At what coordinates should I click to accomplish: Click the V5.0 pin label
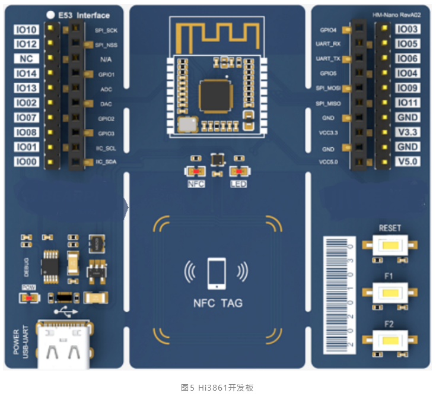click(x=408, y=161)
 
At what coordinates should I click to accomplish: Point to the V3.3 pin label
click(x=408, y=132)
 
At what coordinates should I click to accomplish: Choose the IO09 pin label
click(x=408, y=88)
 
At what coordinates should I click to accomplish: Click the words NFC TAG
click(x=218, y=303)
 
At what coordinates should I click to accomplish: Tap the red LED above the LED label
click(x=238, y=172)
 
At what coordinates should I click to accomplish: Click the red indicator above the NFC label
click(x=195, y=172)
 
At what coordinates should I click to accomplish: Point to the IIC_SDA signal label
click(x=107, y=161)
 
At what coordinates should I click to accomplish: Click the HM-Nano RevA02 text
click(x=398, y=14)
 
